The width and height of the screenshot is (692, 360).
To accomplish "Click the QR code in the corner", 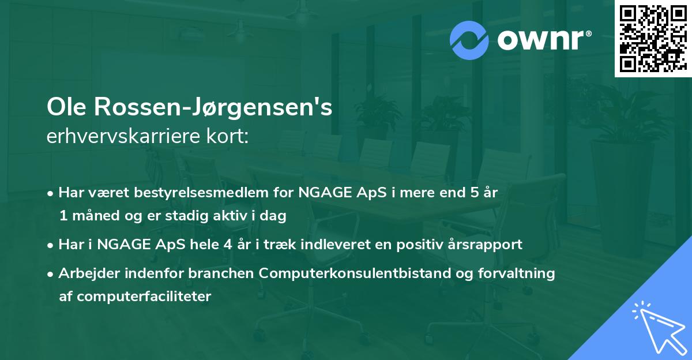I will point(653,39).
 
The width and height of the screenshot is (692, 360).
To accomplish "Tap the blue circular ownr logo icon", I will point(470,40).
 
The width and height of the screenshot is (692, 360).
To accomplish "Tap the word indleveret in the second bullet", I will point(332,244).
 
